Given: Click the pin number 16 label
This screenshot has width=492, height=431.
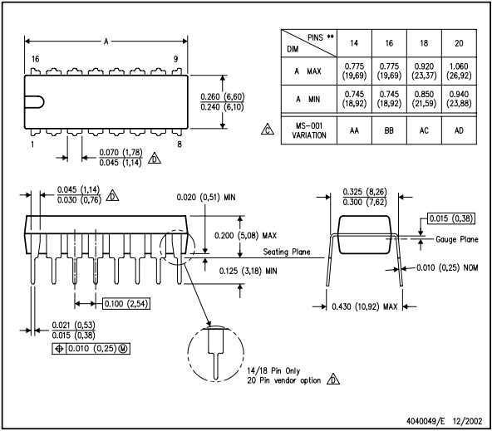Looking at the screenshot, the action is (35, 59).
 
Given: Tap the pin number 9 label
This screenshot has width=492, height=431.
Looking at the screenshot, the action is (175, 59).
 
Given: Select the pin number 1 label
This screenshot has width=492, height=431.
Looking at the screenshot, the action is (32, 144).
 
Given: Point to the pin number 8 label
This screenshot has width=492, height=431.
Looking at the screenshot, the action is (180, 144).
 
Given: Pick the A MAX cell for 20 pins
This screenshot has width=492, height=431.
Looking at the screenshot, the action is (459, 71).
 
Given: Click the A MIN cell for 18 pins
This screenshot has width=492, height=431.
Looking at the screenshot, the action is (424, 99).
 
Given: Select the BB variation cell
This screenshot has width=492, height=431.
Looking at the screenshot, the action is (389, 130).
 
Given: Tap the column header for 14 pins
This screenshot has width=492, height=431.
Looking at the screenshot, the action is (354, 43).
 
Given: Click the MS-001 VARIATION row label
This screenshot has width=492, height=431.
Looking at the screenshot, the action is (309, 130).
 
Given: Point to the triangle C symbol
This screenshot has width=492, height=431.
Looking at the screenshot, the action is (268, 130).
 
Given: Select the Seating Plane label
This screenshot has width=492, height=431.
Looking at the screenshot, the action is (287, 252).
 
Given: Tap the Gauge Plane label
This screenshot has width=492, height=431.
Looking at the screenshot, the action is (457, 239).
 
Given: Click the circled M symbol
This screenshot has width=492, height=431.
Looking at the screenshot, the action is (123, 349).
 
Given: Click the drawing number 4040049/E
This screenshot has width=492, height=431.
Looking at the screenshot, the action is (426, 421).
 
